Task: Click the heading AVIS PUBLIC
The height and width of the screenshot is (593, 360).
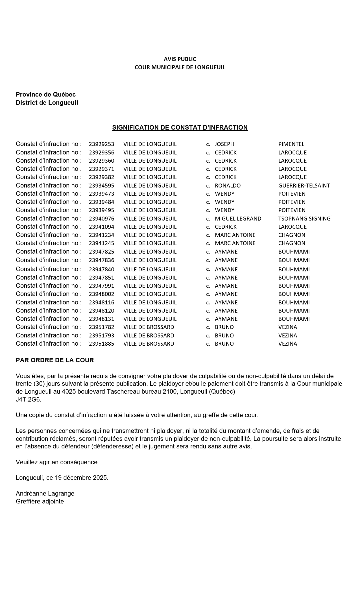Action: pyautogui.click(x=180, y=59)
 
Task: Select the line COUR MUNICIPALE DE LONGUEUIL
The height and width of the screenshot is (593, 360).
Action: pyautogui.click(x=180, y=67)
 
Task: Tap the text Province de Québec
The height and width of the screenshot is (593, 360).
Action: pyautogui.click(x=46, y=95)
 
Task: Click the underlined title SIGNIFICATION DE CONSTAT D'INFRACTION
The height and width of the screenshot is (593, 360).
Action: pyautogui.click(x=180, y=128)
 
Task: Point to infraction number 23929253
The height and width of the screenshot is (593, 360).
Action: pyautogui.click(x=101, y=144)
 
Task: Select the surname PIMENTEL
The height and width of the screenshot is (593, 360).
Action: pyautogui.click(x=291, y=144)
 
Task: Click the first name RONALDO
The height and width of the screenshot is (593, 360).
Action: pyautogui.click(x=228, y=186)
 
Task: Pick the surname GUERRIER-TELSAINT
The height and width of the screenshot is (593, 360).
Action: pyautogui.click(x=304, y=186)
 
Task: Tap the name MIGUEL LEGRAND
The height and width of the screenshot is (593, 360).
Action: pyautogui.click(x=238, y=219)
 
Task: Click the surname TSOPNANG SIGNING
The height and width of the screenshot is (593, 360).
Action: pyautogui.click(x=304, y=219)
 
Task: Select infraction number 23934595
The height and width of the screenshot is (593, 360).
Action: pyautogui.click(x=101, y=186)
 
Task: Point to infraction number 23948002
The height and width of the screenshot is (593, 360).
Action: pyautogui.click(x=101, y=294)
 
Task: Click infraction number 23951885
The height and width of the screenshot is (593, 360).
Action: pyautogui.click(x=101, y=344)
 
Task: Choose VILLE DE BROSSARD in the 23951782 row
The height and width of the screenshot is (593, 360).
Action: pyautogui.click(x=149, y=327)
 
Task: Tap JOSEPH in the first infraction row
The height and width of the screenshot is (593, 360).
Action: pyautogui.click(x=224, y=144)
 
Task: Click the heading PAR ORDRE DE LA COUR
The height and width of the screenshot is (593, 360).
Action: pyautogui.click(x=55, y=360)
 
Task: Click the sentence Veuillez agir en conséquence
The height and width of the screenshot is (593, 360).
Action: pyautogui.click(x=57, y=462)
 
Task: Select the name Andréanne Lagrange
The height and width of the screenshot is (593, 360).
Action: pyautogui.click(x=45, y=494)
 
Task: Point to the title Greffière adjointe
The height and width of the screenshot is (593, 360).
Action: pyautogui.click(x=40, y=502)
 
